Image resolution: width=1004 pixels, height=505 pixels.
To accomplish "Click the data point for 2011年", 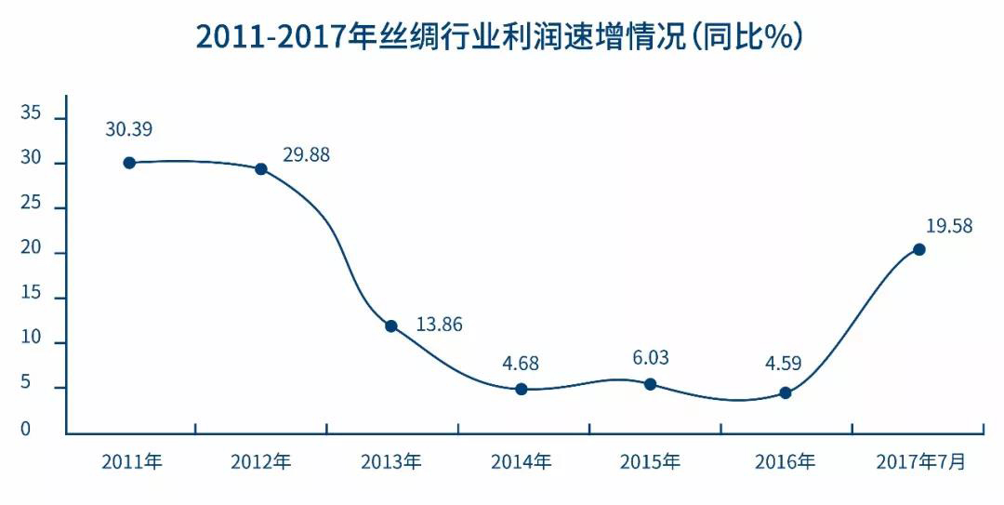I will coord(129,163).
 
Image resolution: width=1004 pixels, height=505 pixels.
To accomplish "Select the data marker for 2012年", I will coord(261,169).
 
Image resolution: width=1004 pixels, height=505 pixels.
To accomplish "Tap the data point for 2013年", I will coord(391,326).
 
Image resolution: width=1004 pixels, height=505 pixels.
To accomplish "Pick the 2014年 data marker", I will coord(522,389).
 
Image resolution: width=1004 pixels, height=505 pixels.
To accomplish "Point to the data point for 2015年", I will coord(651,384).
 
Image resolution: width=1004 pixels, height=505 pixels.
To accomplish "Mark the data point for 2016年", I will coord(786,393).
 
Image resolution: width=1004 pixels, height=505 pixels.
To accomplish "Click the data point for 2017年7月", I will coord(919,249).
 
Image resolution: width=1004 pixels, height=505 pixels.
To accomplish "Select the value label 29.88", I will coord(306,155).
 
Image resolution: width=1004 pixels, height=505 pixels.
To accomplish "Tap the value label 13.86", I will coord(439,326).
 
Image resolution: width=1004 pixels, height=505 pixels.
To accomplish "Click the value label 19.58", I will coord(949,226).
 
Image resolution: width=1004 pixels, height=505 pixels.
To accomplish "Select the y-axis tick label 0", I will coord(26,430).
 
